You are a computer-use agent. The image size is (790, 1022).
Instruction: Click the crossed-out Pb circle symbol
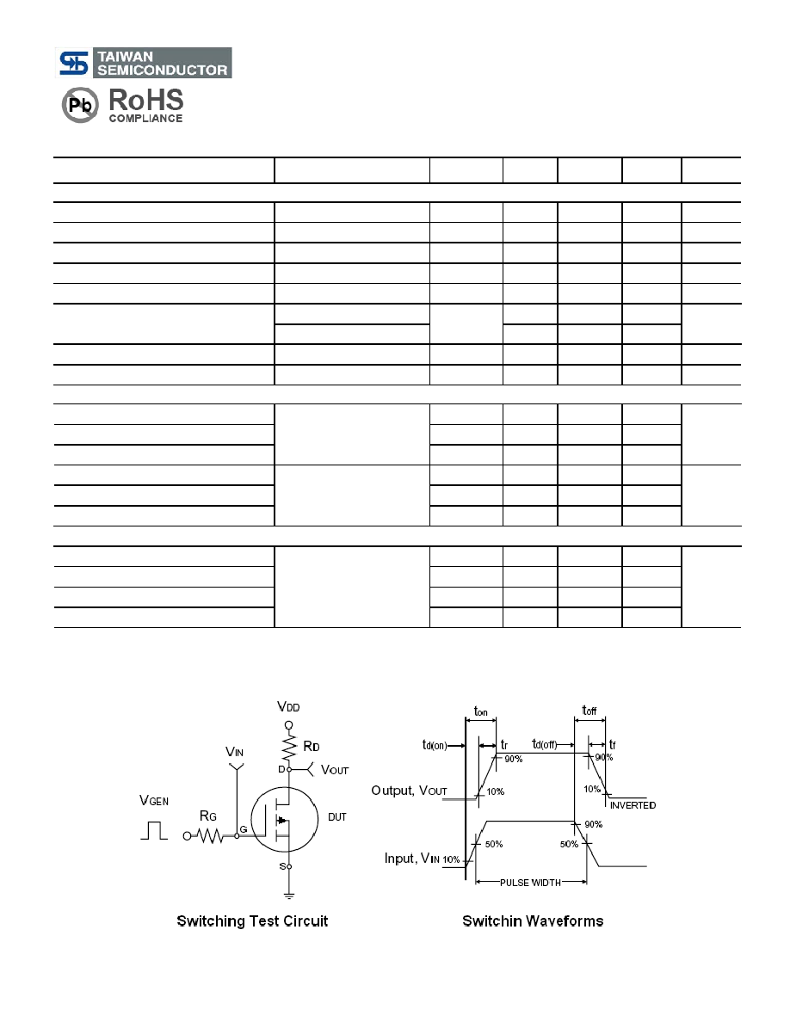click(80, 105)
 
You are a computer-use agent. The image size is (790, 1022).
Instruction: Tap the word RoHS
click(146, 101)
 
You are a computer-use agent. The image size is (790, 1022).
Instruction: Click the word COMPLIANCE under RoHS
click(145, 118)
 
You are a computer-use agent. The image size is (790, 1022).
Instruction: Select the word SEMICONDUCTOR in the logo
click(163, 70)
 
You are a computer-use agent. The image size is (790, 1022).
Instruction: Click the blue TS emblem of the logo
click(74, 63)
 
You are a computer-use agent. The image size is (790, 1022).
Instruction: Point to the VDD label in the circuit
click(288, 706)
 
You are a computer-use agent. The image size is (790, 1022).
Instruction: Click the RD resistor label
click(312, 747)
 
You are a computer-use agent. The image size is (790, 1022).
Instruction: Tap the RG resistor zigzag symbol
click(210, 835)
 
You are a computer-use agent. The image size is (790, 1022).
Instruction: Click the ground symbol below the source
click(289, 896)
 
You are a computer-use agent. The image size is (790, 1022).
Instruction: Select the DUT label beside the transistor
click(337, 816)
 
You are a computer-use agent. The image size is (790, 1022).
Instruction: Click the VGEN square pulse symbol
click(155, 830)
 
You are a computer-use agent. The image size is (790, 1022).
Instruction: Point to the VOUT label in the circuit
click(335, 770)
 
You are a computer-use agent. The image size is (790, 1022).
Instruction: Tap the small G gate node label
click(244, 829)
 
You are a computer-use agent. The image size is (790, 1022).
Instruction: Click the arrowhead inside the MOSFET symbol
click(281, 819)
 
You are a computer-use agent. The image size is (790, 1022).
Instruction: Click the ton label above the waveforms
click(480, 711)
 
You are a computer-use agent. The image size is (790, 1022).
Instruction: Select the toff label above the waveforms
click(589, 711)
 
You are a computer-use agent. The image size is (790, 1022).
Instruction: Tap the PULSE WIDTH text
click(531, 883)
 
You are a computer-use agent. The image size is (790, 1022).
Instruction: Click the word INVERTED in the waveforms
click(633, 805)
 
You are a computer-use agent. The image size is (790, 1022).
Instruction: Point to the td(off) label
click(545, 744)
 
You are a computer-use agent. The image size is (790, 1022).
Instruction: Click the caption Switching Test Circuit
click(252, 921)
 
